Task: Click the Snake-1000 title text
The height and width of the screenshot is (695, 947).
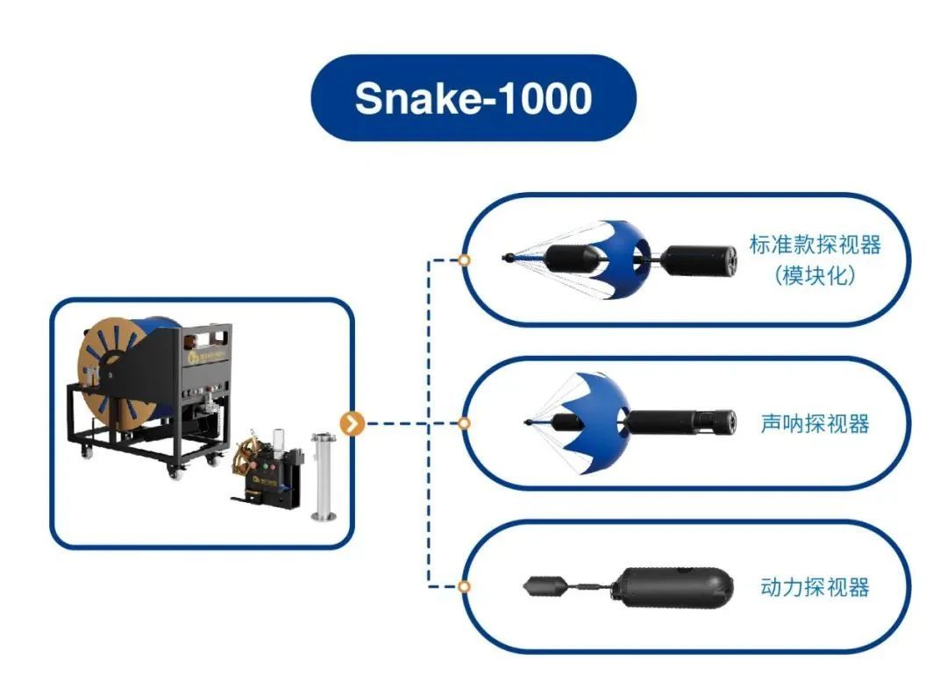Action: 473,99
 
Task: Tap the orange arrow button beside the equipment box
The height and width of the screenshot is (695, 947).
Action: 352,423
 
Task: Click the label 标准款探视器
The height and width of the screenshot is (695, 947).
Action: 815,245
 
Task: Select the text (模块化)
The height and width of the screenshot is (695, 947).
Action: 815,275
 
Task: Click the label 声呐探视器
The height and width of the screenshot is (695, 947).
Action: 815,424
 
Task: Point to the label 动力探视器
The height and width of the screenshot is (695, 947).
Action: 815,586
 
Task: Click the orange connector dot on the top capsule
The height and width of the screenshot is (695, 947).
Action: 465,260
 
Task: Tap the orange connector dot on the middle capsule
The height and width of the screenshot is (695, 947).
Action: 465,423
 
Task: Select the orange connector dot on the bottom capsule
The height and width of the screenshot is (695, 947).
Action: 465,586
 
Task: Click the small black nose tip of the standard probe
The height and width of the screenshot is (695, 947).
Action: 509,258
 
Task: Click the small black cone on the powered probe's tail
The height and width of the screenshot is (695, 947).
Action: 538,586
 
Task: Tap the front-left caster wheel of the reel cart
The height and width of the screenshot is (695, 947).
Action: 89,451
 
